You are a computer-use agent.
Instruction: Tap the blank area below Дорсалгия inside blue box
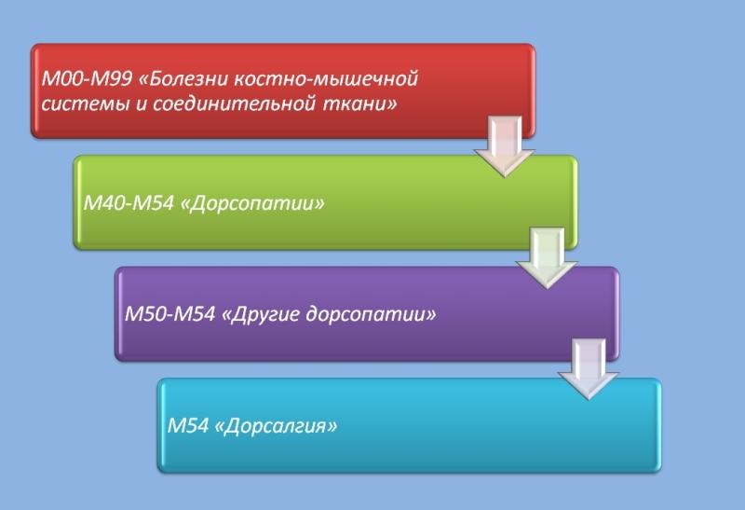point(279,457)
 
